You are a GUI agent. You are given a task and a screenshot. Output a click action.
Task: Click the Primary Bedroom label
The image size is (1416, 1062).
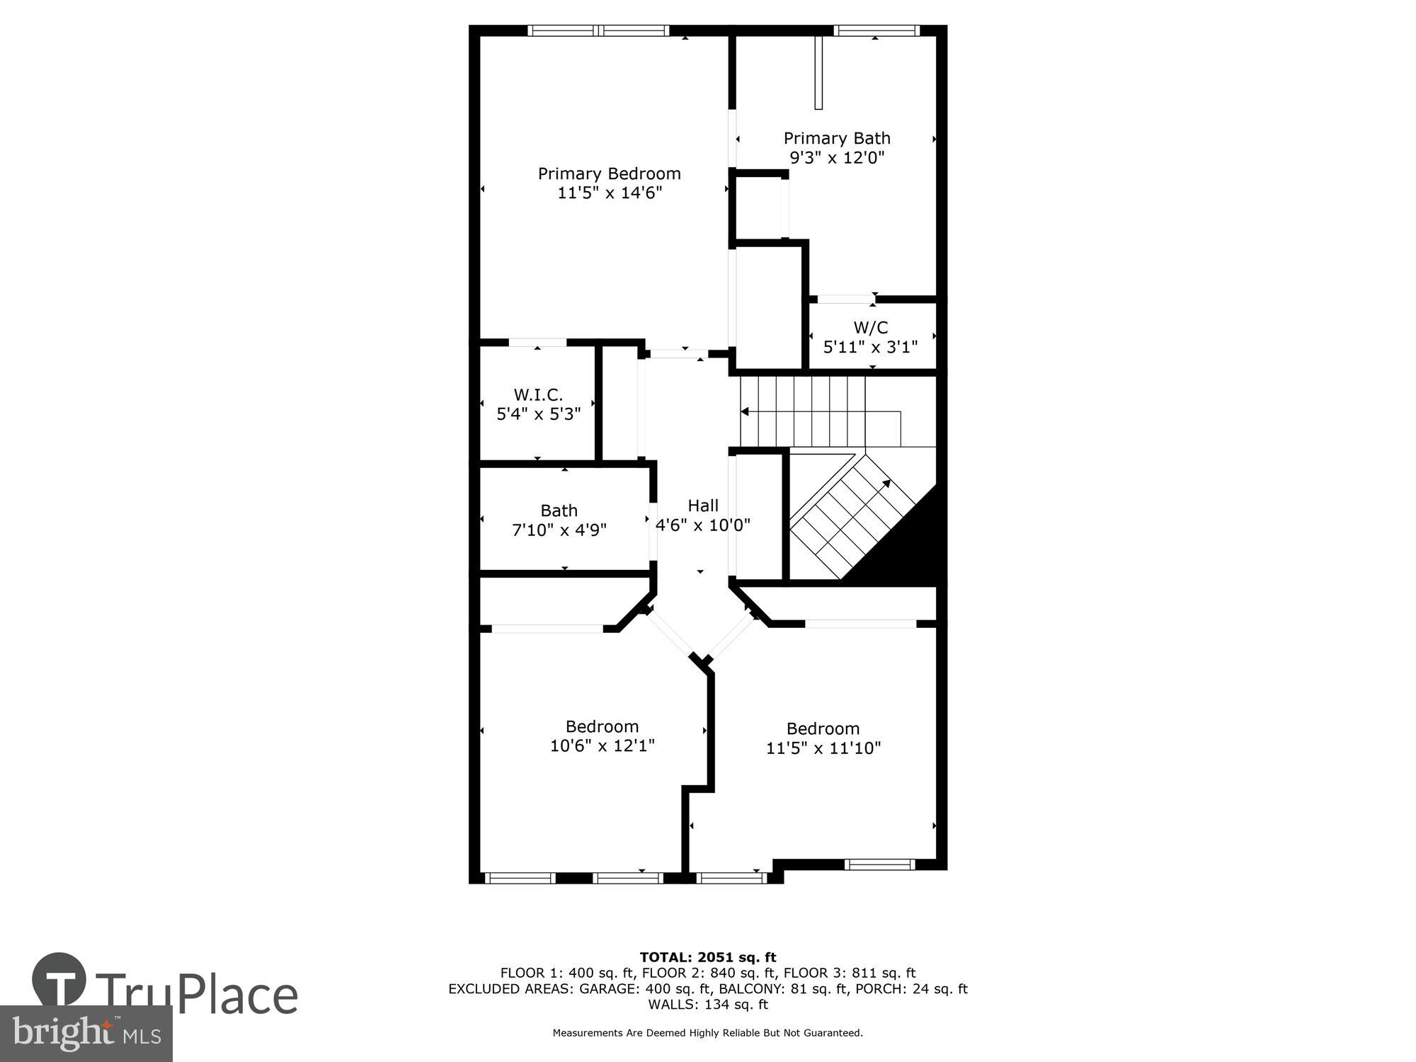pos(609,173)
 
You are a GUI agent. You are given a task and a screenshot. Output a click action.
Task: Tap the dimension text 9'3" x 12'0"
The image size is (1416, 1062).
pos(837,157)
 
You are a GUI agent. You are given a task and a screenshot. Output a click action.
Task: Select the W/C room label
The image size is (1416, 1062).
pos(870,327)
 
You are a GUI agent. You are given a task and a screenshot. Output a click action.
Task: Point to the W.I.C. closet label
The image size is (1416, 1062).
pos(538,394)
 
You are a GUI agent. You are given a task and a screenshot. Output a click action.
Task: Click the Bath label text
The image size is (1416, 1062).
pos(559,510)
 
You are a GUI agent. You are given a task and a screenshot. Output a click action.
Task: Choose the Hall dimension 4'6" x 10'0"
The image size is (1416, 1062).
pos(702,525)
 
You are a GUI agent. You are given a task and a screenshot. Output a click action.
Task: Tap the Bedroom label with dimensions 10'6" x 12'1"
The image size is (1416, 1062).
pos(602,726)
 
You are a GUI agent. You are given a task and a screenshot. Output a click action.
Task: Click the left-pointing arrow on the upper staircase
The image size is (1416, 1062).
pos(746,411)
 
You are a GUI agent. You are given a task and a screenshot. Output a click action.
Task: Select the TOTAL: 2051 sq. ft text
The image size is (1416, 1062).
pos(707,957)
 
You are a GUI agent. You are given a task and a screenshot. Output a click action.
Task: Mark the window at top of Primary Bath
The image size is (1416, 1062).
pos(876,30)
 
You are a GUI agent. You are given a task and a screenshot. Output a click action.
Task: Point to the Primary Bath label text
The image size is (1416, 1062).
pos(837,138)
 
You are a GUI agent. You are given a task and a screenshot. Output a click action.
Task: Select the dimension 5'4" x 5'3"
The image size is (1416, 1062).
pos(538,414)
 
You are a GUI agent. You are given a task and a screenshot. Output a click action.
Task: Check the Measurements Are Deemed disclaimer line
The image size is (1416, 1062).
pos(707,1033)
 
